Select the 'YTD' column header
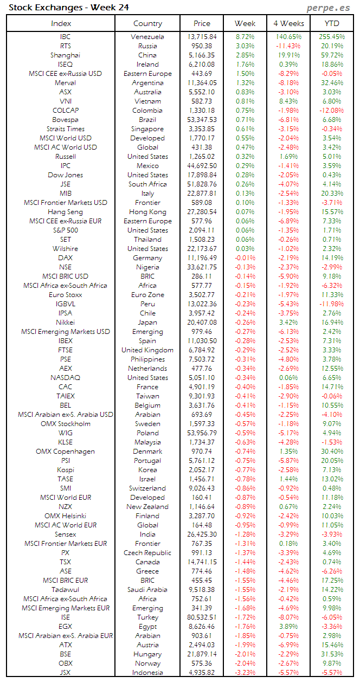tap(331, 23)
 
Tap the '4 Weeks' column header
tap(287, 23)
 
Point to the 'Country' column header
tap(147, 23)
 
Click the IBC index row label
tap(65, 37)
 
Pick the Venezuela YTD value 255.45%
tap(331, 37)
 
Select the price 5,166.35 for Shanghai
tap(202, 55)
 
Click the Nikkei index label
tap(65, 323)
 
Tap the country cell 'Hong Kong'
tap(147, 212)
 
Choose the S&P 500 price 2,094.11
tap(202, 230)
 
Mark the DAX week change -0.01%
tap(245, 258)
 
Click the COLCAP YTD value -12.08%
tap(331, 111)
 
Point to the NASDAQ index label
tap(65, 378)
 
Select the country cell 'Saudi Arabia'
tap(147, 590)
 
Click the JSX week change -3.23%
tap(245, 673)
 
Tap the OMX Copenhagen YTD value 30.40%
tap(331, 452)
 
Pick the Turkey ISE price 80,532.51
tap(202, 617)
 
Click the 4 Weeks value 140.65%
tap(287, 37)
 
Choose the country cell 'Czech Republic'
tap(147, 553)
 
